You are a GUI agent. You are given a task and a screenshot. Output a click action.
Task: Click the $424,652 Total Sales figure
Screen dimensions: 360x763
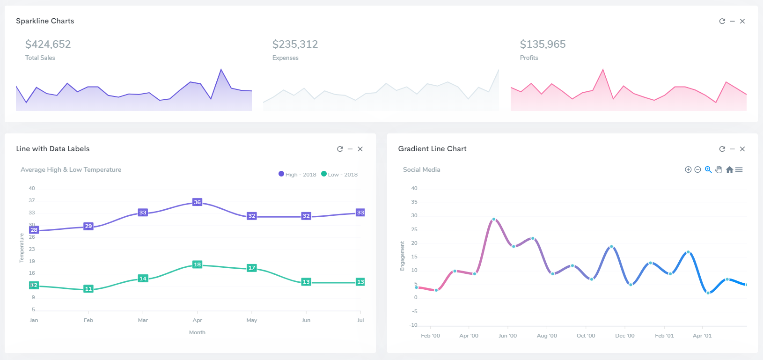(x=48, y=44)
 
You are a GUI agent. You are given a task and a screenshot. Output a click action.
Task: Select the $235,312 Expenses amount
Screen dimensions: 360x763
(x=295, y=44)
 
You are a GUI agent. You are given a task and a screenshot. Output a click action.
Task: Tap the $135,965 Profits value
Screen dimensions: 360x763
(x=543, y=44)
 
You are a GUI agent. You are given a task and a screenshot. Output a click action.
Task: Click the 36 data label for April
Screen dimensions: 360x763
(x=198, y=202)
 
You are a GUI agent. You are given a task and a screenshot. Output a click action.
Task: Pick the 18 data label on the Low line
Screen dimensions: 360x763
(x=198, y=264)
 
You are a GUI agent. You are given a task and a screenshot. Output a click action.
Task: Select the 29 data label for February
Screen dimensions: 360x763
(x=88, y=226)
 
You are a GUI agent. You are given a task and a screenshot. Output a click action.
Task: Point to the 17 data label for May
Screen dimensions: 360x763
(x=252, y=268)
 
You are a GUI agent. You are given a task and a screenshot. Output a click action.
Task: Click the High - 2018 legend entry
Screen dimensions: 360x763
(x=297, y=175)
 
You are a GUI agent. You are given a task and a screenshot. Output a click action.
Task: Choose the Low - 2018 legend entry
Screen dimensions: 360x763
(x=339, y=175)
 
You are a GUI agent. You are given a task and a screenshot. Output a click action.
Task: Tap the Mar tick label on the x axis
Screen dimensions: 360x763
(x=143, y=320)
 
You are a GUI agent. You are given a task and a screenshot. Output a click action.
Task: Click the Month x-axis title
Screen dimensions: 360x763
(x=197, y=332)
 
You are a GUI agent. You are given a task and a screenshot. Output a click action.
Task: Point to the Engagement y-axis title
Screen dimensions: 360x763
(x=402, y=256)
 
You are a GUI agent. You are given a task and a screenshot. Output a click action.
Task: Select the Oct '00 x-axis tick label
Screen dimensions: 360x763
(x=586, y=336)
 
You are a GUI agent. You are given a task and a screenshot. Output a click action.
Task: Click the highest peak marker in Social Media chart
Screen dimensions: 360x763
(x=494, y=219)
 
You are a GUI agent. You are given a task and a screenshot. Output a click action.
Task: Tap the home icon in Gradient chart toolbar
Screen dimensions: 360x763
(x=729, y=170)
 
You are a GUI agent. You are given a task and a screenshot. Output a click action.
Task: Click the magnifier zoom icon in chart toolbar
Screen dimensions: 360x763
(x=708, y=169)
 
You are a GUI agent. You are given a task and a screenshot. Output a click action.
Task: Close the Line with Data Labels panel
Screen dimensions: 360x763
(x=360, y=149)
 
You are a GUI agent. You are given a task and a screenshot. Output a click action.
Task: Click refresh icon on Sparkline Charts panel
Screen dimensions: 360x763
(x=722, y=21)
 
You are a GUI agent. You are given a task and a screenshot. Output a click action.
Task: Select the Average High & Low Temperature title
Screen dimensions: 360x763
(x=71, y=169)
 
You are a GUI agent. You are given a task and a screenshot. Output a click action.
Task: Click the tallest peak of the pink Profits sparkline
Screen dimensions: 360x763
(x=603, y=70)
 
